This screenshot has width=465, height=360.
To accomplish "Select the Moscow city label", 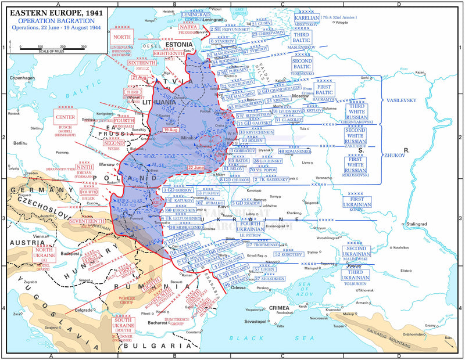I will point(300,96).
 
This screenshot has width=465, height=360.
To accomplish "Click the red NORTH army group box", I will point(123,37).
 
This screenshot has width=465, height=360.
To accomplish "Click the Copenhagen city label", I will point(22,77).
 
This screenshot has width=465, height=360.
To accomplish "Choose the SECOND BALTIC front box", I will point(302,64).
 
